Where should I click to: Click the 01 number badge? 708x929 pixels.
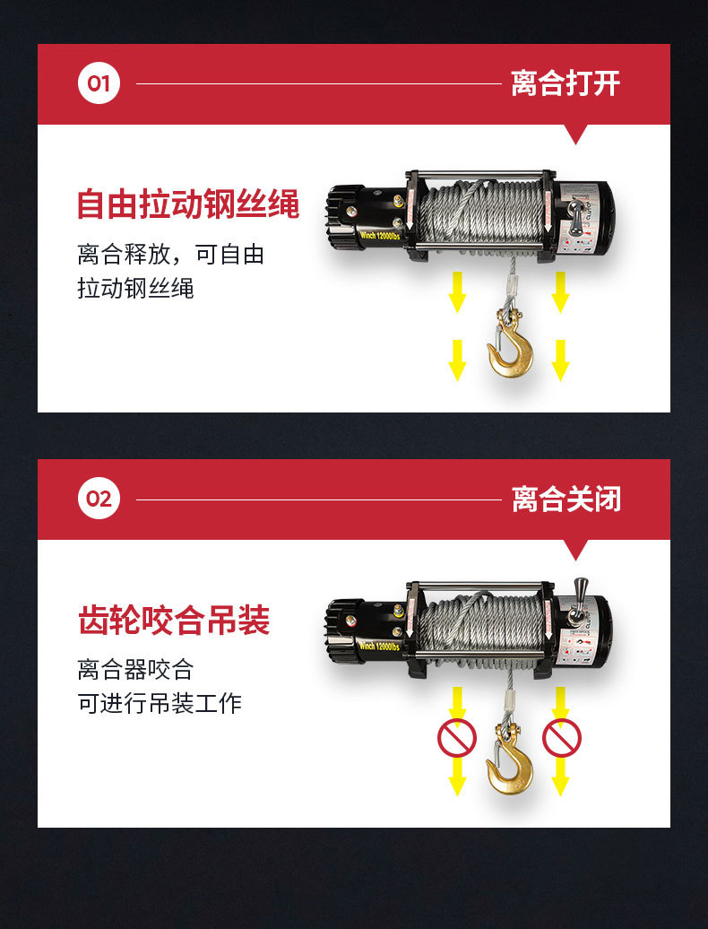click(x=99, y=84)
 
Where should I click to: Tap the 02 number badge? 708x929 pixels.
click(x=99, y=499)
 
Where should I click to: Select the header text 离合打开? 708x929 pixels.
click(x=565, y=84)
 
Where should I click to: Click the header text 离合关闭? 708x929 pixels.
click(x=566, y=499)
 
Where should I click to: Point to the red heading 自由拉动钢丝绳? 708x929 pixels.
click(x=187, y=204)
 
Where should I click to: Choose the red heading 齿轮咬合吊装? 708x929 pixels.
click(x=174, y=621)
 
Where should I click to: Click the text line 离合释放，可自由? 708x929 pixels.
click(x=170, y=255)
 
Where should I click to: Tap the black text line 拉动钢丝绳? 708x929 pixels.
click(x=135, y=289)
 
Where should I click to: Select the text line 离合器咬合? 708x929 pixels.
click(x=135, y=669)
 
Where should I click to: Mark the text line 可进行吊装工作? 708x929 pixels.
click(x=160, y=703)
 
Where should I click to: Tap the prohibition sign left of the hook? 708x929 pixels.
click(x=457, y=738)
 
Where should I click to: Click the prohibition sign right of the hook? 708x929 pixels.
click(x=561, y=738)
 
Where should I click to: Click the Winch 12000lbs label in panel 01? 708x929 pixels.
click(x=381, y=237)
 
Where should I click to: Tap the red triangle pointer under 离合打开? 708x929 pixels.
click(x=576, y=135)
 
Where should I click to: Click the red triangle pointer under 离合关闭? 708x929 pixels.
click(x=576, y=550)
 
